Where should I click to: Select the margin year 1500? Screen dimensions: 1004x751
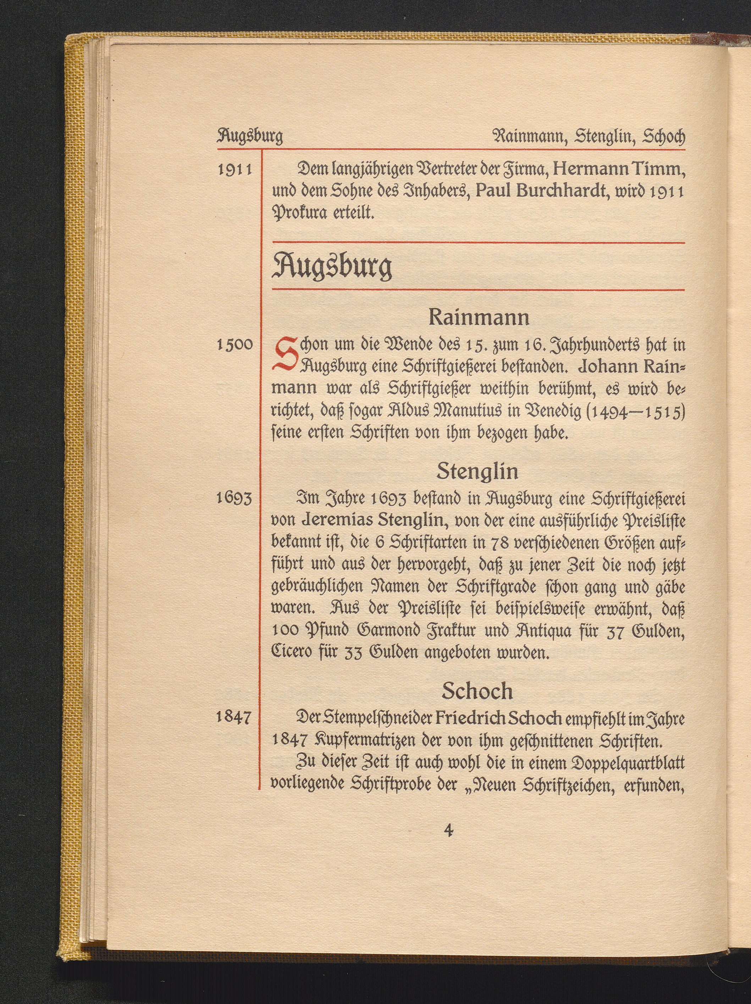coord(234,345)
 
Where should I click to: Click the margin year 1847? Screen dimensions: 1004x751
coord(234,718)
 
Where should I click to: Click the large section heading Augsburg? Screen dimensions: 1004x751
coord(331,268)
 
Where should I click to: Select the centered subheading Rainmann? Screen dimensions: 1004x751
coord(479,317)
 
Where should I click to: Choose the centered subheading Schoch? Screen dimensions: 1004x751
coord(477,691)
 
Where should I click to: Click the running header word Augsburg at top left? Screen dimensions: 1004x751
coord(250,136)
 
